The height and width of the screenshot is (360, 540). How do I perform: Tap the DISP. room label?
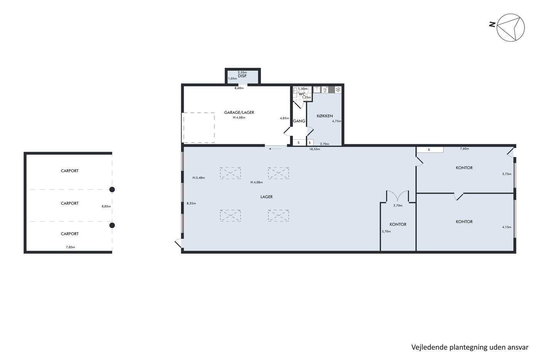click(242, 76)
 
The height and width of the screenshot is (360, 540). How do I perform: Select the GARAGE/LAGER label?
click(239, 112)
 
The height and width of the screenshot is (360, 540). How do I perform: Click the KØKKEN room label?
click(325, 116)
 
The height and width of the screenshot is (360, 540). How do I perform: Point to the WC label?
click(302, 94)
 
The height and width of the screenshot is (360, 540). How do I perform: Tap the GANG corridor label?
click(299, 121)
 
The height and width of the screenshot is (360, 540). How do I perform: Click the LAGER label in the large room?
click(267, 197)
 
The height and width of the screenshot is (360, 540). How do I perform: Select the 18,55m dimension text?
click(315, 149)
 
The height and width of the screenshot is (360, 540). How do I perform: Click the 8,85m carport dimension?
click(106, 206)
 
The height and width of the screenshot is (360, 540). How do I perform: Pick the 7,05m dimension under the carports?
click(70, 247)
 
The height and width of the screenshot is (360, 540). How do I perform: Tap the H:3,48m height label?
click(199, 178)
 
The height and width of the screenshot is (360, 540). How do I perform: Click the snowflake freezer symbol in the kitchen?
click(338, 90)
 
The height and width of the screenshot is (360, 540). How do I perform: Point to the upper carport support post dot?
click(112, 189)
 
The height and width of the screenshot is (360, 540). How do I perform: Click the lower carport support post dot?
click(112, 225)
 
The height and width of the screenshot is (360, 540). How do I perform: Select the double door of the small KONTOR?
click(398, 196)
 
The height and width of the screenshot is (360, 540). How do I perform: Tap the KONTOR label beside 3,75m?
click(464, 168)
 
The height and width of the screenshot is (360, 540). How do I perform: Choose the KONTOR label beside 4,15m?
click(464, 222)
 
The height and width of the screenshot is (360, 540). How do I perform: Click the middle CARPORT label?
click(70, 203)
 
